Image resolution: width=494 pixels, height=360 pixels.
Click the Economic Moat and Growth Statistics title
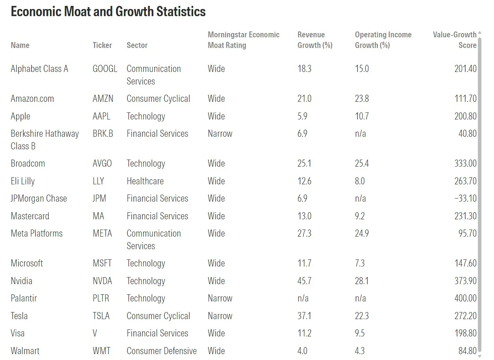tap(108, 11)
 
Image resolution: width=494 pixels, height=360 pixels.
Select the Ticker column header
tap(102, 45)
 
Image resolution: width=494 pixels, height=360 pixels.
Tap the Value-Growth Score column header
tap(455, 40)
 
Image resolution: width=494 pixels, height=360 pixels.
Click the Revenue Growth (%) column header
tap(315, 40)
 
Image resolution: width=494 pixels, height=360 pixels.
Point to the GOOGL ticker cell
tap(105, 69)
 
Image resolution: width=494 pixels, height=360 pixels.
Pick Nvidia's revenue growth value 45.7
tap(304, 281)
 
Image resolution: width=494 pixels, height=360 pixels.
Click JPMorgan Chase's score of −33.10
tap(465, 198)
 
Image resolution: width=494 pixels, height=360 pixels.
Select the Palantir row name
tap(24, 298)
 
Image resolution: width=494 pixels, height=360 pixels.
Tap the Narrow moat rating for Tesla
tap(220, 316)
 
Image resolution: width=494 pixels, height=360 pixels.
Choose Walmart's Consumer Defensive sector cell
tap(161, 351)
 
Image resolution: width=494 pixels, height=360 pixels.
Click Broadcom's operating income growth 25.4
tap(362, 163)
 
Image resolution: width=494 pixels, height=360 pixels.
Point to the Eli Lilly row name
tap(23, 181)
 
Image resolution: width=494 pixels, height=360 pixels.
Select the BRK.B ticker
tap(103, 134)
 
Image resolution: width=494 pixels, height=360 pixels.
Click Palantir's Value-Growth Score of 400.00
tap(465, 298)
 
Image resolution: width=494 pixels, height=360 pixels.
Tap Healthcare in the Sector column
tap(145, 181)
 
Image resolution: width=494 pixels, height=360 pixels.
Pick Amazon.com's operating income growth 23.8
tap(362, 99)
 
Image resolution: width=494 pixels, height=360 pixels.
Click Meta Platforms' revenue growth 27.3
tap(304, 233)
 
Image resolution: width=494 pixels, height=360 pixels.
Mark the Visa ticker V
tap(95, 333)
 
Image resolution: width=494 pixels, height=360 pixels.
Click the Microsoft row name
tap(27, 263)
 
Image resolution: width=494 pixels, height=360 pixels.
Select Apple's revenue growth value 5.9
tap(302, 116)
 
